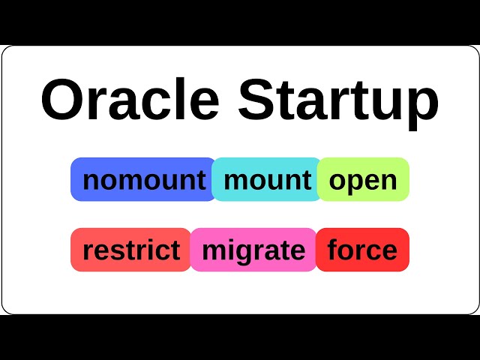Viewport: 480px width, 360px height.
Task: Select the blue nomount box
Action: (142, 179)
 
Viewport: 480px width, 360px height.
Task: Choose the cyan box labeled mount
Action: (266, 179)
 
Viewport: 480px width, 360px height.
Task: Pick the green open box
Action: (364, 179)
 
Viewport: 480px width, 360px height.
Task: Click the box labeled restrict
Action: (131, 250)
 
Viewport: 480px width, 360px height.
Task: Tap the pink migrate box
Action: (253, 250)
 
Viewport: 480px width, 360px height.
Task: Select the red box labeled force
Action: (363, 250)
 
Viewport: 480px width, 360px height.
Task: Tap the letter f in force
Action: (334, 249)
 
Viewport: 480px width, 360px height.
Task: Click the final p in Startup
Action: (422, 106)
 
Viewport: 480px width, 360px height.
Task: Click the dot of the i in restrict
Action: (160, 240)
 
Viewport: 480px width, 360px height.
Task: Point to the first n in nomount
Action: (91, 181)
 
